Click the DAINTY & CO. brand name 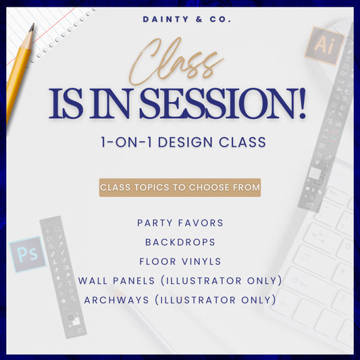(x=187, y=20)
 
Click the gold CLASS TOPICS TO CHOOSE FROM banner (x=180, y=188)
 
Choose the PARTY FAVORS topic (x=179, y=223)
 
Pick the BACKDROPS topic (x=179, y=242)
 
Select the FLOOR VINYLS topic (x=179, y=261)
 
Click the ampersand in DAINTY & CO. (x=201, y=20)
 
